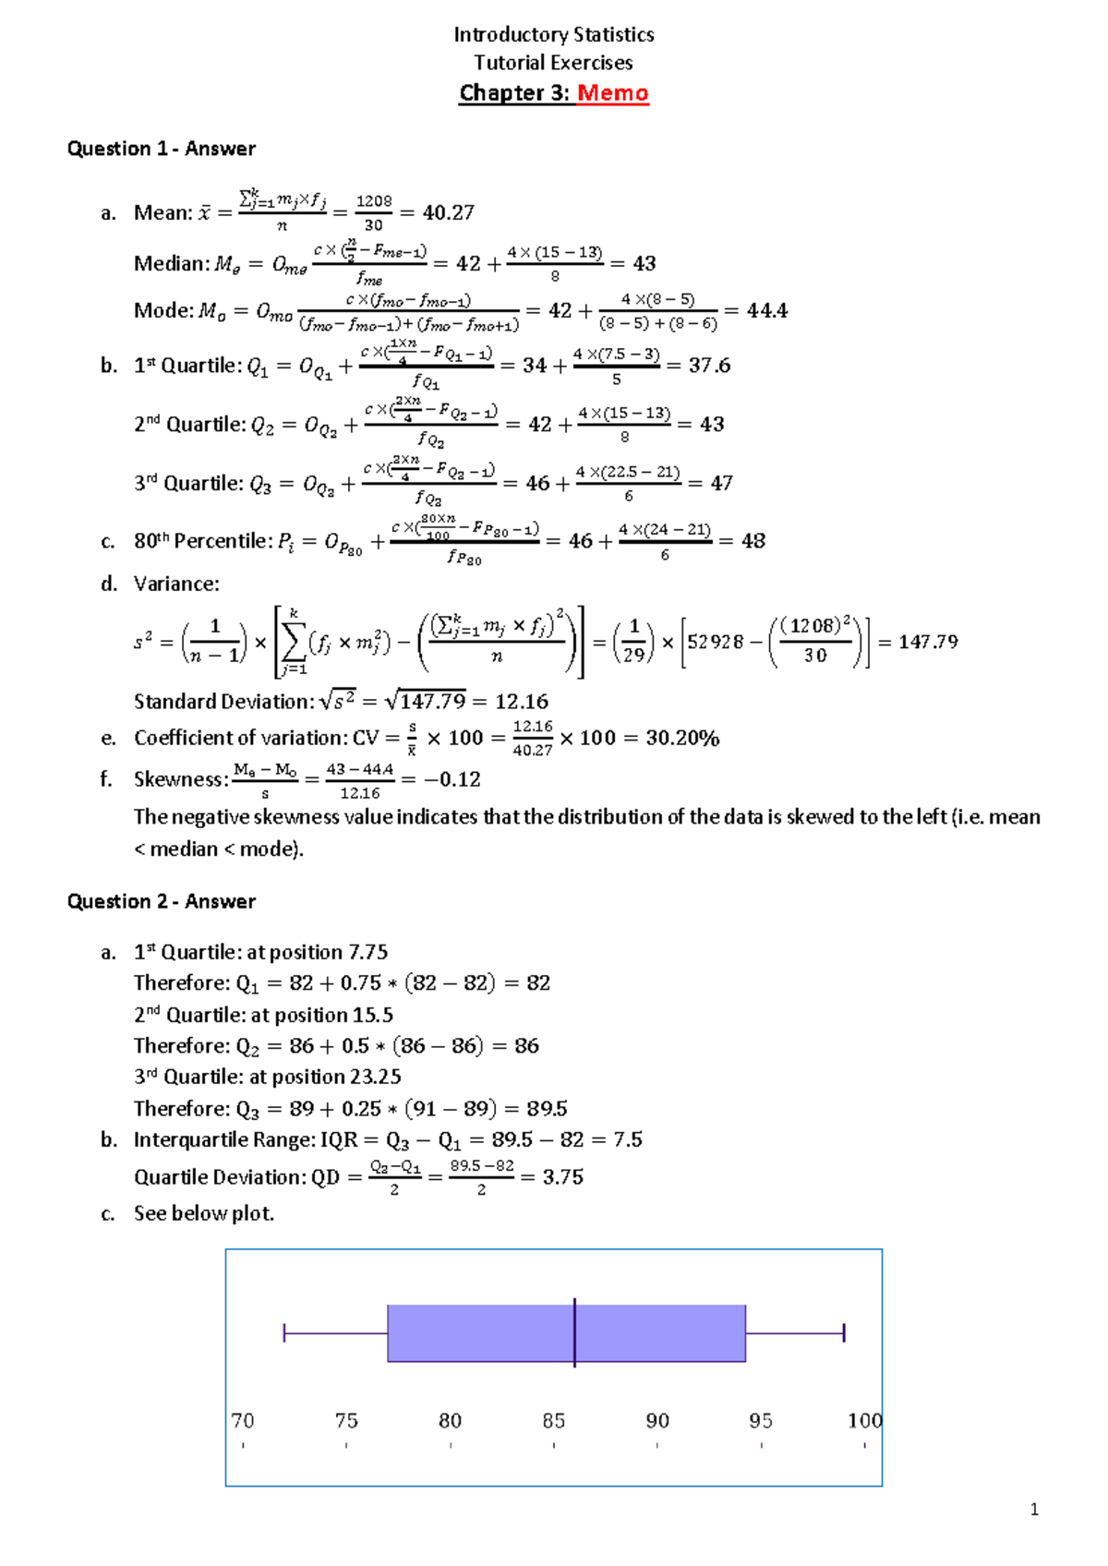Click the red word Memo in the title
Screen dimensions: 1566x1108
[x=613, y=93]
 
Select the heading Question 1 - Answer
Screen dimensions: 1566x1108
[x=162, y=149]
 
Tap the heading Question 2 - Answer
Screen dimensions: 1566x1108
[x=162, y=901]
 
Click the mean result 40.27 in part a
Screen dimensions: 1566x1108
[x=449, y=212]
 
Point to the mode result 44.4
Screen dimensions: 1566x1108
[x=767, y=310]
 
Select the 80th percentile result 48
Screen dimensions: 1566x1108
[x=753, y=541]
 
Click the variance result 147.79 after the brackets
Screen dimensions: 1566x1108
[x=928, y=642]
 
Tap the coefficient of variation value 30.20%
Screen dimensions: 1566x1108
[x=682, y=738]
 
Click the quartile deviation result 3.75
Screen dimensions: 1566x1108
[x=563, y=1176]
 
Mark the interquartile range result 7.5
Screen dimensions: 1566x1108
[x=628, y=1139]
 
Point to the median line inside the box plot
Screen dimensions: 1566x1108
[x=574, y=1332]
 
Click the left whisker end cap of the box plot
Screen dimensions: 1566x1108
[x=284, y=1332]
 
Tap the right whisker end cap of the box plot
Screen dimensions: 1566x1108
[x=844, y=1332]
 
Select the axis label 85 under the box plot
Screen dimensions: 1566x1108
[x=554, y=1420]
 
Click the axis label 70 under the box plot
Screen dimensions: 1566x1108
[x=243, y=1420]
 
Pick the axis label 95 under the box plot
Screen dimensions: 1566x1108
[x=761, y=1420]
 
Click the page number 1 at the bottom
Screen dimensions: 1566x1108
[x=1034, y=1510]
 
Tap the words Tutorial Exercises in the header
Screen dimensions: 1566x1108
[x=554, y=63]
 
